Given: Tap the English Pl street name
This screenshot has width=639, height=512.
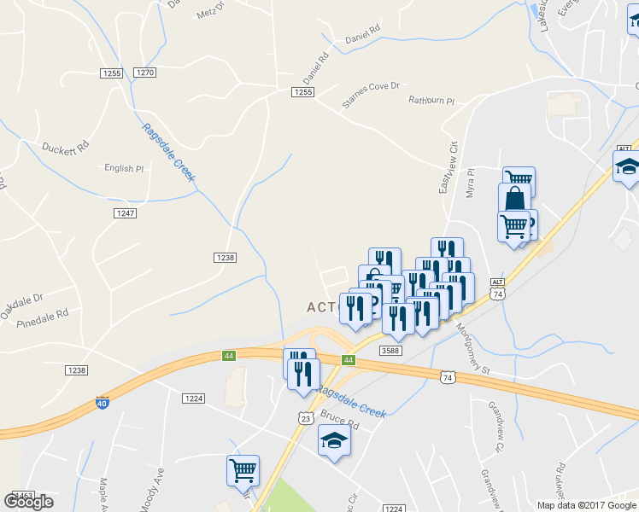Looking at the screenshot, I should [124, 168].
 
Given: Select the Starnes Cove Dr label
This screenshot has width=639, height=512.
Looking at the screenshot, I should [371, 95].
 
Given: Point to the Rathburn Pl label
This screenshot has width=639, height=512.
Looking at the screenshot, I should [431, 101].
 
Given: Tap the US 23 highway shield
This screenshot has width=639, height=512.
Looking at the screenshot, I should [305, 416].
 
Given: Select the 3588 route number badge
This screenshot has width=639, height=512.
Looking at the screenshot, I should [390, 351].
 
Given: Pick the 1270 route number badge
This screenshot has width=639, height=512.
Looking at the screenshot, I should [145, 73].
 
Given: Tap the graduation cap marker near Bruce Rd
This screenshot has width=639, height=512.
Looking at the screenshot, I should [334, 441].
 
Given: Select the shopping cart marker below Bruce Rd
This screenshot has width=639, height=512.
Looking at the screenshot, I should [243, 469].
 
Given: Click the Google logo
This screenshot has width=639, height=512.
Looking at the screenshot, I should [28, 501].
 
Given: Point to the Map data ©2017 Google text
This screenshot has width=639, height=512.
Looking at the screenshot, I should [587, 504].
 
